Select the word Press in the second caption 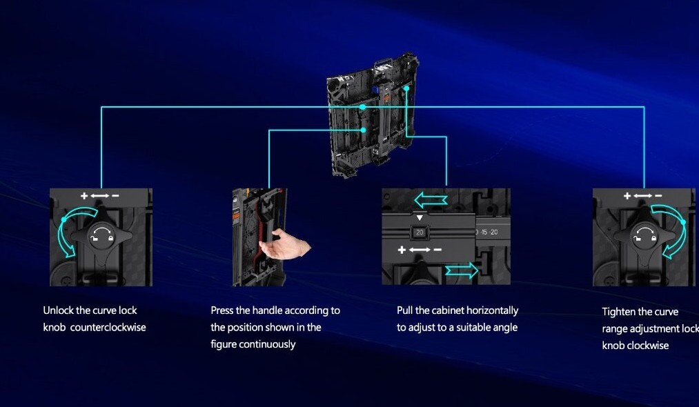pyautogui.click(x=222, y=310)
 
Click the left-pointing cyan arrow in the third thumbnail pyautogui.click(x=430, y=201)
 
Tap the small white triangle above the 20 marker pyautogui.click(x=418, y=219)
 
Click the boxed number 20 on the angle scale pyautogui.click(x=418, y=232)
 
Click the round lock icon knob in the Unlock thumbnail pyautogui.click(x=101, y=236)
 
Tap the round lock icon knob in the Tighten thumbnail pyautogui.click(x=645, y=236)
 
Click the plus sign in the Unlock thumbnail pyautogui.click(x=84, y=197)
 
